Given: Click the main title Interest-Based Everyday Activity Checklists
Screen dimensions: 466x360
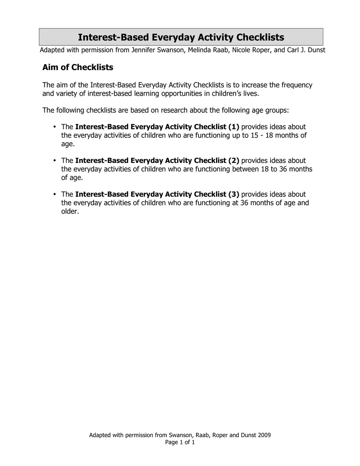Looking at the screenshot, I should pos(181,37).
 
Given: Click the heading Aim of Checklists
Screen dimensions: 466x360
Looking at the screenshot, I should pos(78,67).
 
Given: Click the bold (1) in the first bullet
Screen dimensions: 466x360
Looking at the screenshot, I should pos(234,127).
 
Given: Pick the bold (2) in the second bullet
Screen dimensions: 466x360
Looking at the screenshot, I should pos(234,161).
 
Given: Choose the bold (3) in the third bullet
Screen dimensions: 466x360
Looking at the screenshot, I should pos(234,194).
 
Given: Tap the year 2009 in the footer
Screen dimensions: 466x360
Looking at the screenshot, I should pos(264,435).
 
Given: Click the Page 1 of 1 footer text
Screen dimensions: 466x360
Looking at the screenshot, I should pos(180,442).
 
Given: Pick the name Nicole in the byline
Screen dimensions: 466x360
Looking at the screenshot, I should pos(239,51).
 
